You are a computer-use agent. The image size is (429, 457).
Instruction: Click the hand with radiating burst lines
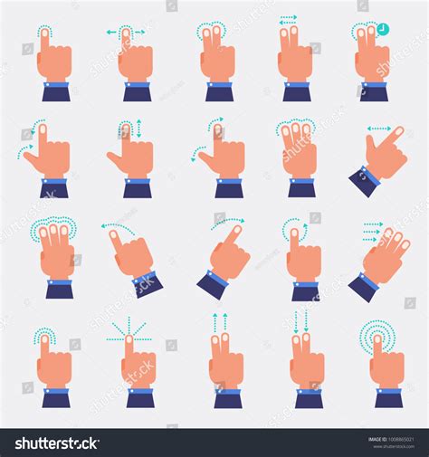(137, 362)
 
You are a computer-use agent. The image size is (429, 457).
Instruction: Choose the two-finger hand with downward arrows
(306, 362)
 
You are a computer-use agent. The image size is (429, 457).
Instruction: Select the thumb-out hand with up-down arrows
(131, 154)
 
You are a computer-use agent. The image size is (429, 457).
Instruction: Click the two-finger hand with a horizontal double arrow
(294, 54)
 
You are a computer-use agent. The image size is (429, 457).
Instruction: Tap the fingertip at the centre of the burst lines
(129, 338)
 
